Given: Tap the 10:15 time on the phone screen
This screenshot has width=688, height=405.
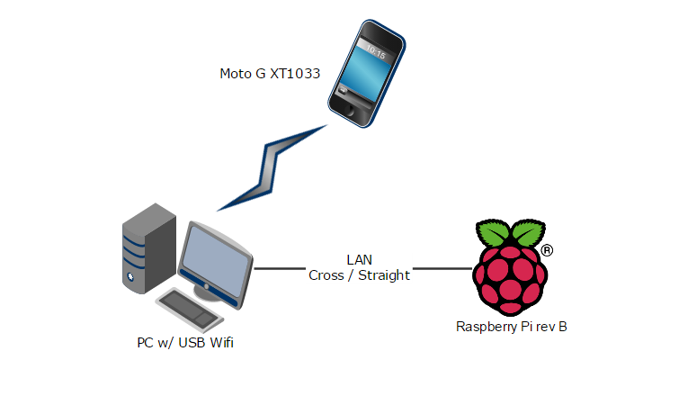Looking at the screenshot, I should (375, 53).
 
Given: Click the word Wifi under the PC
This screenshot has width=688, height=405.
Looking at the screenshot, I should (228, 342).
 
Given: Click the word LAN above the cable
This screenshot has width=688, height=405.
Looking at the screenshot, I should (359, 260).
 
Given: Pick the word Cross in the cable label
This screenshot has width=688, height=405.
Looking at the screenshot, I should (325, 275).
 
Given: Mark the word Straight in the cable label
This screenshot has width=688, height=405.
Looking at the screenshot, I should (384, 275).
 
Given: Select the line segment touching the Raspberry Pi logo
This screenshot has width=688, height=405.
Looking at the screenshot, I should (442, 268).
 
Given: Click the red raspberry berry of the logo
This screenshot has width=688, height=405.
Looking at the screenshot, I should (511, 275).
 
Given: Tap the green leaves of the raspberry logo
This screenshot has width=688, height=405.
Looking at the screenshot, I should (511, 232).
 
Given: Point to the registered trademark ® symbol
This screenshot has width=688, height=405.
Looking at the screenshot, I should (547, 250).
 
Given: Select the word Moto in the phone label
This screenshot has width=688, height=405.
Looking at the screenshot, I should (235, 73).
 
